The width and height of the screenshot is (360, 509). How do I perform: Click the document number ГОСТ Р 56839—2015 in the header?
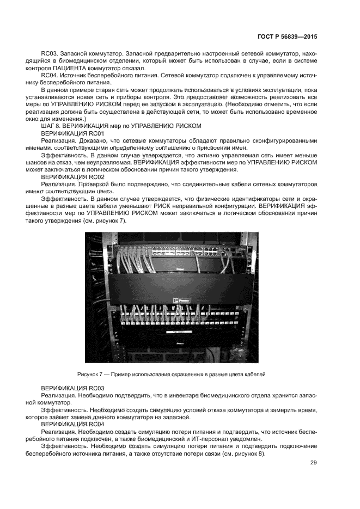(x=286, y=36)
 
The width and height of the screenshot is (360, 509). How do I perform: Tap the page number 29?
(x=313, y=463)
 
